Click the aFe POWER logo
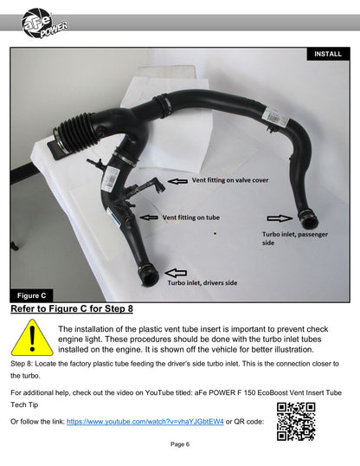(x=44, y=23)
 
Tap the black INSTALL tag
(x=328, y=54)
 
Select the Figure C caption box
(x=31, y=295)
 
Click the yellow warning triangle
(x=32, y=338)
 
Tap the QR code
(x=296, y=422)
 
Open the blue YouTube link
(x=145, y=422)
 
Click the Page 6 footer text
(x=180, y=444)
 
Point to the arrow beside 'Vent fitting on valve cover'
(x=177, y=181)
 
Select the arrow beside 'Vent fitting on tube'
(x=149, y=217)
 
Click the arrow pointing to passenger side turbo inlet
(x=280, y=218)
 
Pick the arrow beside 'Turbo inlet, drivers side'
(x=176, y=273)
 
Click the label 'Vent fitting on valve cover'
(x=230, y=180)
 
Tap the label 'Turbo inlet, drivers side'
(x=202, y=282)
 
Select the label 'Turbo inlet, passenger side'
(x=294, y=238)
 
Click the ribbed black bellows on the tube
(x=74, y=133)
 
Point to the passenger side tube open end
(x=309, y=220)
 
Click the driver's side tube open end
(x=149, y=276)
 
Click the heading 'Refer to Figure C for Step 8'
(x=72, y=308)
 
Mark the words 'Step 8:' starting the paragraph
(x=22, y=364)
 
